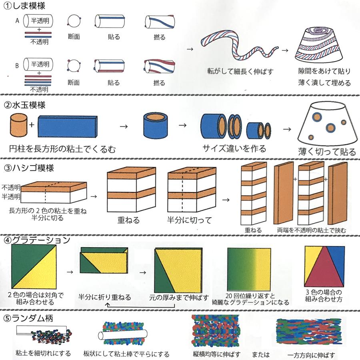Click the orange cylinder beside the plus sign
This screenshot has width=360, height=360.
pyautogui.click(x=19, y=125)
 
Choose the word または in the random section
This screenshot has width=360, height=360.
pyautogui.click(x=261, y=354)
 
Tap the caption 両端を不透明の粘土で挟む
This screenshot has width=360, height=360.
pyautogui.click(x=311, y=230)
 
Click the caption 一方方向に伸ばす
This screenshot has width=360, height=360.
pyautogui.click(x=311, y=355)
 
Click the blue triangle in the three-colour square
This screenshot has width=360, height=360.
pyautogui.click(x=337, y=256)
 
